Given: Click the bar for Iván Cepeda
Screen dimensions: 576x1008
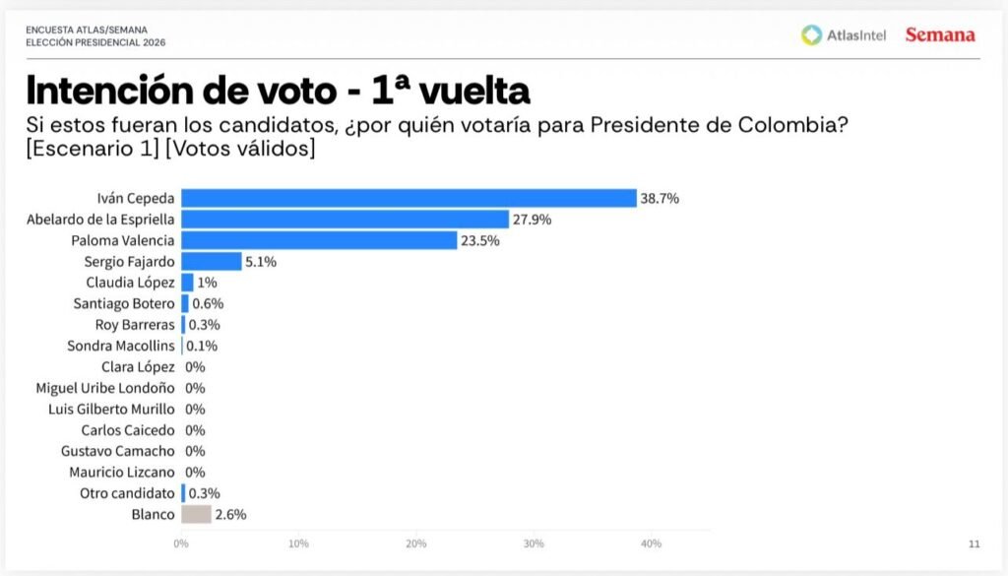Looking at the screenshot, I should (x=409, y=198).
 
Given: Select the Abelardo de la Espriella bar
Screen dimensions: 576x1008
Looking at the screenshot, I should (x=345, y=219).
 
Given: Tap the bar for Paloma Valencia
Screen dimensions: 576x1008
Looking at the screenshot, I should (x=319, y=240).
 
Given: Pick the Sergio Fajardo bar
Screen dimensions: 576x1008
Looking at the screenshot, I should (x=211, y=261).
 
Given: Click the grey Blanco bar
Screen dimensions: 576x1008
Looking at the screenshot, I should (x=196, y=514).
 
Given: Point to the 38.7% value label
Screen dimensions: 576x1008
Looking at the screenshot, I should (x=660, y=198).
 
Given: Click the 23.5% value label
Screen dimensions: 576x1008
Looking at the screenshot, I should (x=480, y=240).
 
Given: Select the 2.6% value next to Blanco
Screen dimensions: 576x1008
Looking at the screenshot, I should (x=230, y=514).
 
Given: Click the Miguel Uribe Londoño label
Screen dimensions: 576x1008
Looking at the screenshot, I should (x=105, y=388).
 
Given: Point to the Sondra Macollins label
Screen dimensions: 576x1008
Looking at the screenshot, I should (x=121, y=346).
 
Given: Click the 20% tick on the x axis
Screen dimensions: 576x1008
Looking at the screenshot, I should (x=416, y=544).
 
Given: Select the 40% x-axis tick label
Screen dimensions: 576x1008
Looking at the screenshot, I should (x=651, y=544).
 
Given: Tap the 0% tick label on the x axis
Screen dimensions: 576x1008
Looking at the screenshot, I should (x=181, y=544).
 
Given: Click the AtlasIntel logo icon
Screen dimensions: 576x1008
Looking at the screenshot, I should (x=811, y=35).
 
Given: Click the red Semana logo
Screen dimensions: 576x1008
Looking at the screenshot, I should (x=940, y=35).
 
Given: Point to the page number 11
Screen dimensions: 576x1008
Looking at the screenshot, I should (x=975, y=544).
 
